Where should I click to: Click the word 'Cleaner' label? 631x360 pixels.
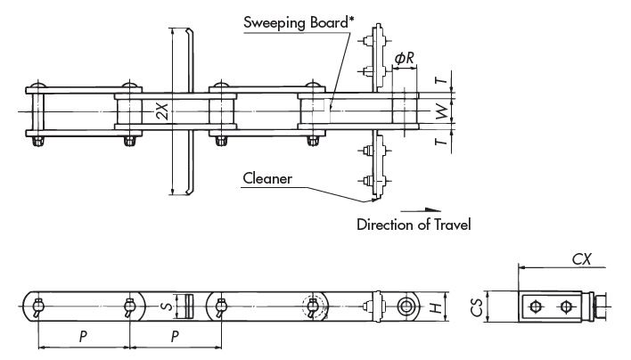pos(267,177)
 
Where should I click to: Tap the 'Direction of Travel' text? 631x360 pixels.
pos(413,225)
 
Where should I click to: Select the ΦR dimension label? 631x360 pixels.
pos(404,58)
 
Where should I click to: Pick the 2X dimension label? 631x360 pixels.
pos(160,110)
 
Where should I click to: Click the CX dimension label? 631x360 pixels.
pos(583,259)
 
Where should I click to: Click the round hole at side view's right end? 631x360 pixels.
pos(406,306)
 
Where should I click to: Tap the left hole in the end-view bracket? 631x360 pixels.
pos(535,307)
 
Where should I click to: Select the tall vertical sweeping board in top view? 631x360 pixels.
pos(181,111)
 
